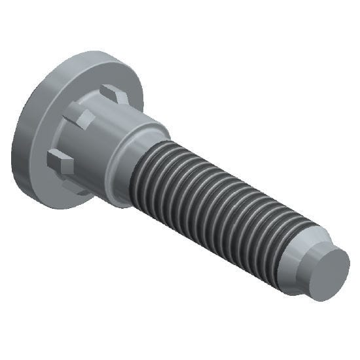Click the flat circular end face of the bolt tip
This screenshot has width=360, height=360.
(328, 274)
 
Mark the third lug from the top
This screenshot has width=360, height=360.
(61, 160)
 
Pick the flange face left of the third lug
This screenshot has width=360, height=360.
(36, 160)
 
